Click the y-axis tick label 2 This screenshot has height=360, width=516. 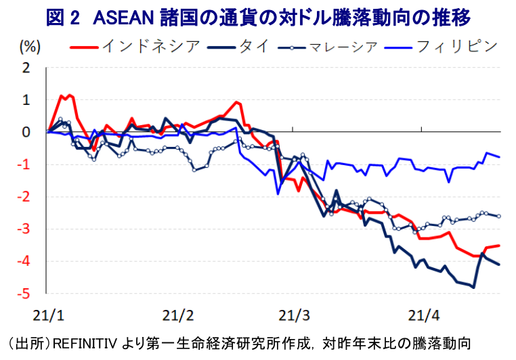pyautogui.click(x=26, y=68)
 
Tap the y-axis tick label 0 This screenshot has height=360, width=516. pyautogui.click(x=26, y=132)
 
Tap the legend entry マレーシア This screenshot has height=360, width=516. pyautogui.click(x=341, y=47)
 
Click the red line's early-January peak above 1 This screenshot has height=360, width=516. pyautogui.click(x=70, y=95)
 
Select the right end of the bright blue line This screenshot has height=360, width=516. pyautogui.click(x=500, y=157)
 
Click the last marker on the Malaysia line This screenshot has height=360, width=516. pyautogui.click(x=499, y=216)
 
